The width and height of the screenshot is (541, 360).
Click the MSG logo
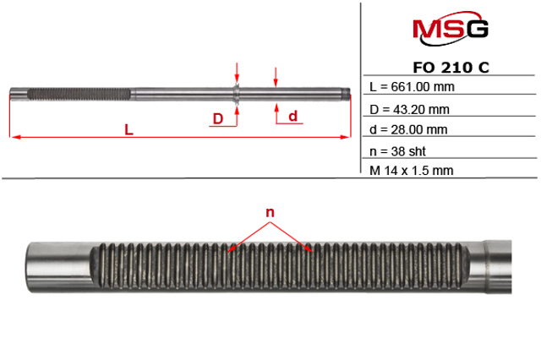[x=451, y=28]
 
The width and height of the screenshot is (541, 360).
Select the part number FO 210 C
[x=451, y=68]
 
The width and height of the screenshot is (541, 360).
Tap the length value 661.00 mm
[x=423, y=86]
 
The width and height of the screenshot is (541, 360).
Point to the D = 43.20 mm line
[x=409, y=110]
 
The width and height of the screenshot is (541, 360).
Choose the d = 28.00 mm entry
[x=408, y=129]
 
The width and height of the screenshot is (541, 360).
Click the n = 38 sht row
[x=397, y=151]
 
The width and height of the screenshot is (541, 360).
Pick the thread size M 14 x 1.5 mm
[x=411, y=171]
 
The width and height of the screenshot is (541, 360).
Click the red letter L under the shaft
[x=128, y=130]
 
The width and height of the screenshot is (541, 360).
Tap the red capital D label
[x=218, y=119]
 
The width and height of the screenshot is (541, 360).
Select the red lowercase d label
[x=293, y=116]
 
